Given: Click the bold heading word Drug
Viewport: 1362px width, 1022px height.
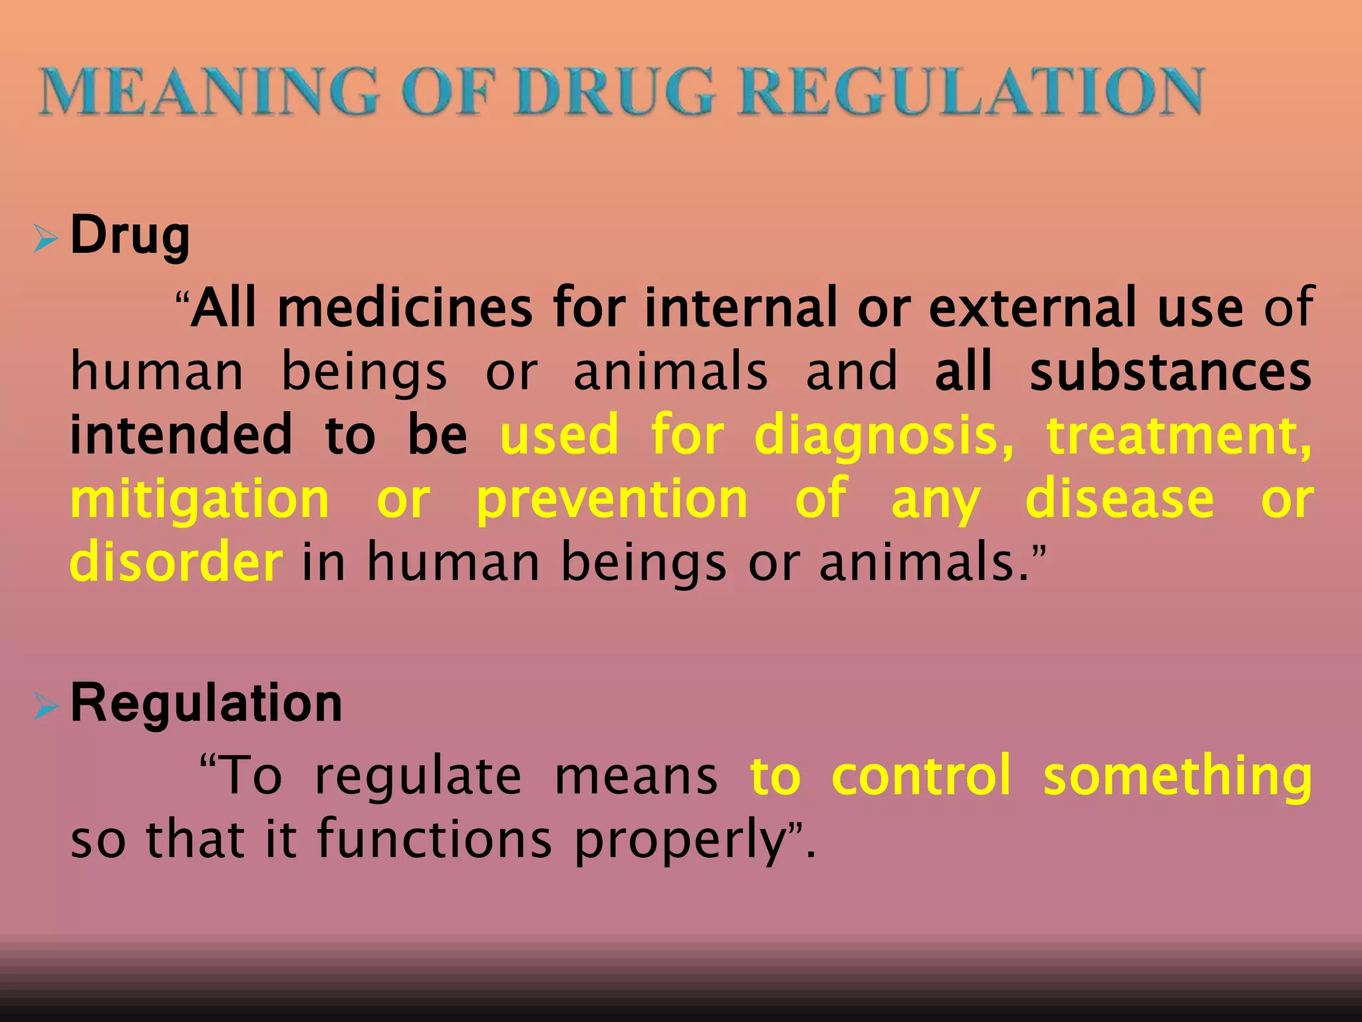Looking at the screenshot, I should point(130,236).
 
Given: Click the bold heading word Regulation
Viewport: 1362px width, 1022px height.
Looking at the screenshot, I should point(206,704).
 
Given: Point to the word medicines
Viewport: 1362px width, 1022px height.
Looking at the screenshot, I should point(405,308).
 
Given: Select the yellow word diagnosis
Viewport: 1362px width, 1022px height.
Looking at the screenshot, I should point(885,436).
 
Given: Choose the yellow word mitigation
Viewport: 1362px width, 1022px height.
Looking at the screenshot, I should point(200,500).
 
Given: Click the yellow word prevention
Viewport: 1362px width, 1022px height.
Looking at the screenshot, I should point(613,500).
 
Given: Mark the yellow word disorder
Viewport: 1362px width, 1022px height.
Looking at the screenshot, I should point(177,563).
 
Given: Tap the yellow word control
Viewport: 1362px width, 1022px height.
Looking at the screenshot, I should point(922,776).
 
